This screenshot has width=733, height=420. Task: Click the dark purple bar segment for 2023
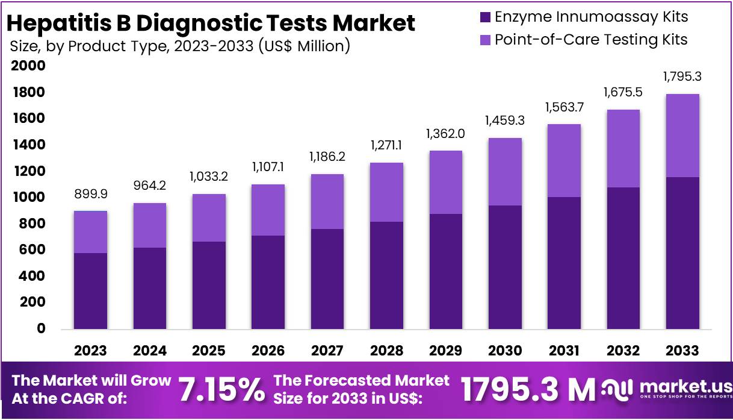point(90,290)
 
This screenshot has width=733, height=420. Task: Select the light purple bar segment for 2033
point(682,136)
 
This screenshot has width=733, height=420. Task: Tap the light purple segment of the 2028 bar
point(386,192)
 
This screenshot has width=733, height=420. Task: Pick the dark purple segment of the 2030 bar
point(505,267)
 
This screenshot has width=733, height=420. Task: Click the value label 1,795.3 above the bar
point(682,77)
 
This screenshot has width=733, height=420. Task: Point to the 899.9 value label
point(90,194)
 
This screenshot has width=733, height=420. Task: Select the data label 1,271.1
point(386,146)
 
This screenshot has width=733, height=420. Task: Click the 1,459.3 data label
point(505,121)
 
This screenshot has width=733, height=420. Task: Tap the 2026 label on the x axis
point(268,351)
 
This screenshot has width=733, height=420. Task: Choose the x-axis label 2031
point(564,351)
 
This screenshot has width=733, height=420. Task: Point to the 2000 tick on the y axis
point(28,66)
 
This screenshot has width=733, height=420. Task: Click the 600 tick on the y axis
point(32,249)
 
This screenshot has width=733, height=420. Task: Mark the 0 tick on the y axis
point(40,328)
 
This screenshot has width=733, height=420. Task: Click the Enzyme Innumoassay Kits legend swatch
point(484,16)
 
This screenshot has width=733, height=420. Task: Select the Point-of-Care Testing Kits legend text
point(590,40)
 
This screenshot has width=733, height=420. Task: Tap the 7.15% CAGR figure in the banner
point(222,390)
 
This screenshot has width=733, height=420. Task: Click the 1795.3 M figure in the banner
point(528,390)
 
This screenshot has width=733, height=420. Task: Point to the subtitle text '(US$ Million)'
point(304,45)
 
